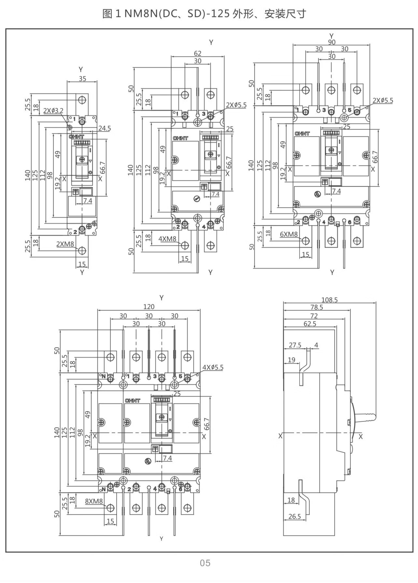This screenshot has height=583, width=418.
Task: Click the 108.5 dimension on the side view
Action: pos(329,299)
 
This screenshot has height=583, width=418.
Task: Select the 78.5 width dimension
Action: pos(316,307)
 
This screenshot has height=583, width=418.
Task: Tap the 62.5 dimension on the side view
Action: pos(310,324)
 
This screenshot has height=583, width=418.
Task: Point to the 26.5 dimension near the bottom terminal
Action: pos(295,517)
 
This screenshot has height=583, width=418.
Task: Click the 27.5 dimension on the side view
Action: pos(295,345)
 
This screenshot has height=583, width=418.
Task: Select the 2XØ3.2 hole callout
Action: pos(53,110)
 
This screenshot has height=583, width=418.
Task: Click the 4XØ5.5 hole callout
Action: pos(213,368)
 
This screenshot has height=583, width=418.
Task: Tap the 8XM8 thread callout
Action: pos(94,501)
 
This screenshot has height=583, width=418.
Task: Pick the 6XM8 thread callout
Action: pos(289,234)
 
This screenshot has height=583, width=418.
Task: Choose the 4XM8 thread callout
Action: pos(167,239)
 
